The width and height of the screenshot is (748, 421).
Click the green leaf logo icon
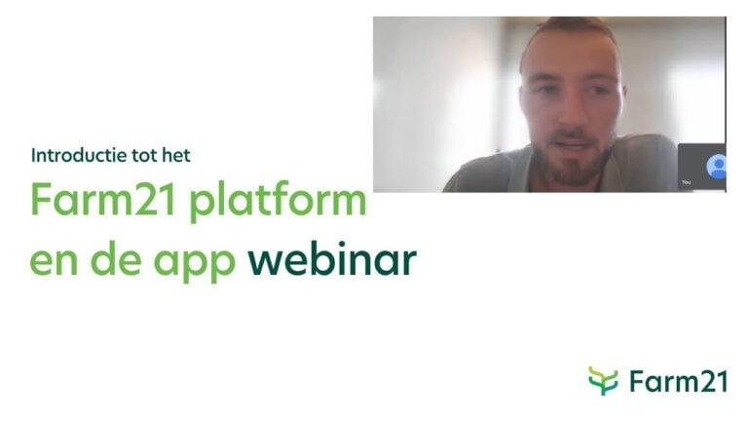603,380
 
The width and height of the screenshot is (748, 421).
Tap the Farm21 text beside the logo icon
678,381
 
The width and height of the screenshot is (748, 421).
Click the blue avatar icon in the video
718,166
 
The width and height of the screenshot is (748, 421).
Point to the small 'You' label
686,182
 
